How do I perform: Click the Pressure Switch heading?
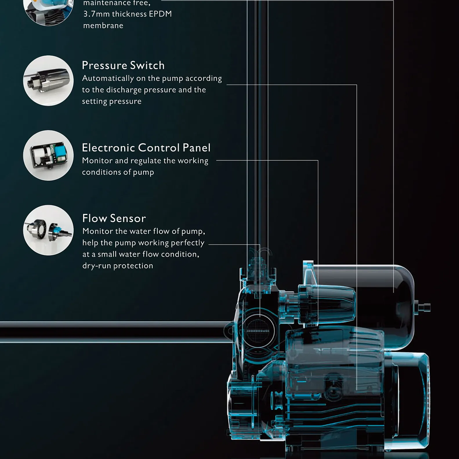[123, 66]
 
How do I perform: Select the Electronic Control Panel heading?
[146, 148]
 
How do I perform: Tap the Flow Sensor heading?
[114, 218]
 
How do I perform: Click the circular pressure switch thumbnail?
[48, 80]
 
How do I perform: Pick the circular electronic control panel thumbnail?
[48, 155]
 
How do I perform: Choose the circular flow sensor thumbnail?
[48, 230]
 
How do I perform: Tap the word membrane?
[103, 26]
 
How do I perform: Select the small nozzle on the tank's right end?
[424, 306]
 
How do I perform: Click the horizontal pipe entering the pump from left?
[111, 331]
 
